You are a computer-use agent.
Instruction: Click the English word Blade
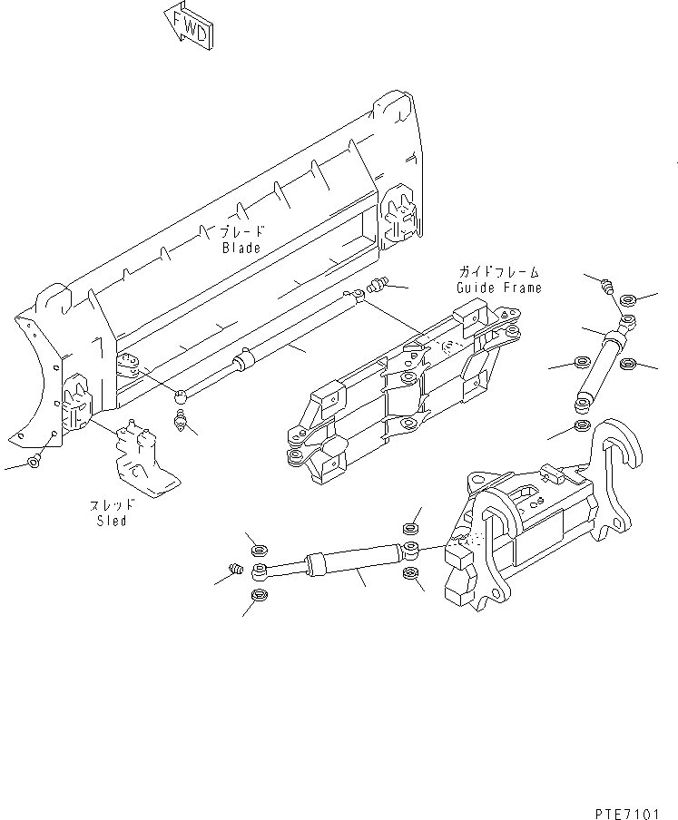click(x=241, y=248)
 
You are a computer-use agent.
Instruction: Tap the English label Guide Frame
click(x=499, y=288)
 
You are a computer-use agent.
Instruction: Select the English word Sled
click(x=112, y=521)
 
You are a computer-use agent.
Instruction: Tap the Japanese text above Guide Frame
click(x=498, y=271)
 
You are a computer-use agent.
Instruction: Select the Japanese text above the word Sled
click(x=112, y=504)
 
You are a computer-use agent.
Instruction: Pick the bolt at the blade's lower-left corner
click(x=34, y=461)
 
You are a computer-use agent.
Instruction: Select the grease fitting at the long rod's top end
click(x=378, y=288)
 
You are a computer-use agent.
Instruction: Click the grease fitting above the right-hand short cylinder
click(x=608, y=288)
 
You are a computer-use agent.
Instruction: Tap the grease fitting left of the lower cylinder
click(x=235, y=571)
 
